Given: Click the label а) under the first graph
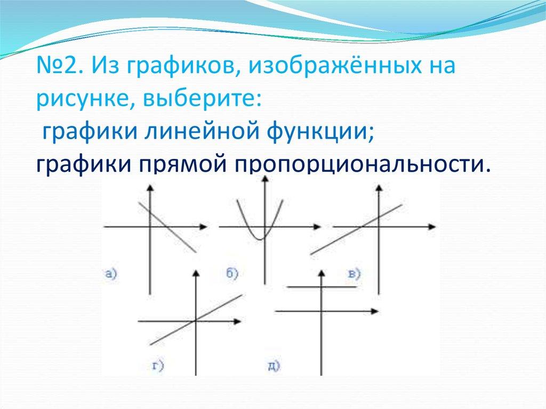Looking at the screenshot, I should point(111,275).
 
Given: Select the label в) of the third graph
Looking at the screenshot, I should point(354,274).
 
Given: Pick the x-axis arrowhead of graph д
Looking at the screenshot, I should point(374,310).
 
